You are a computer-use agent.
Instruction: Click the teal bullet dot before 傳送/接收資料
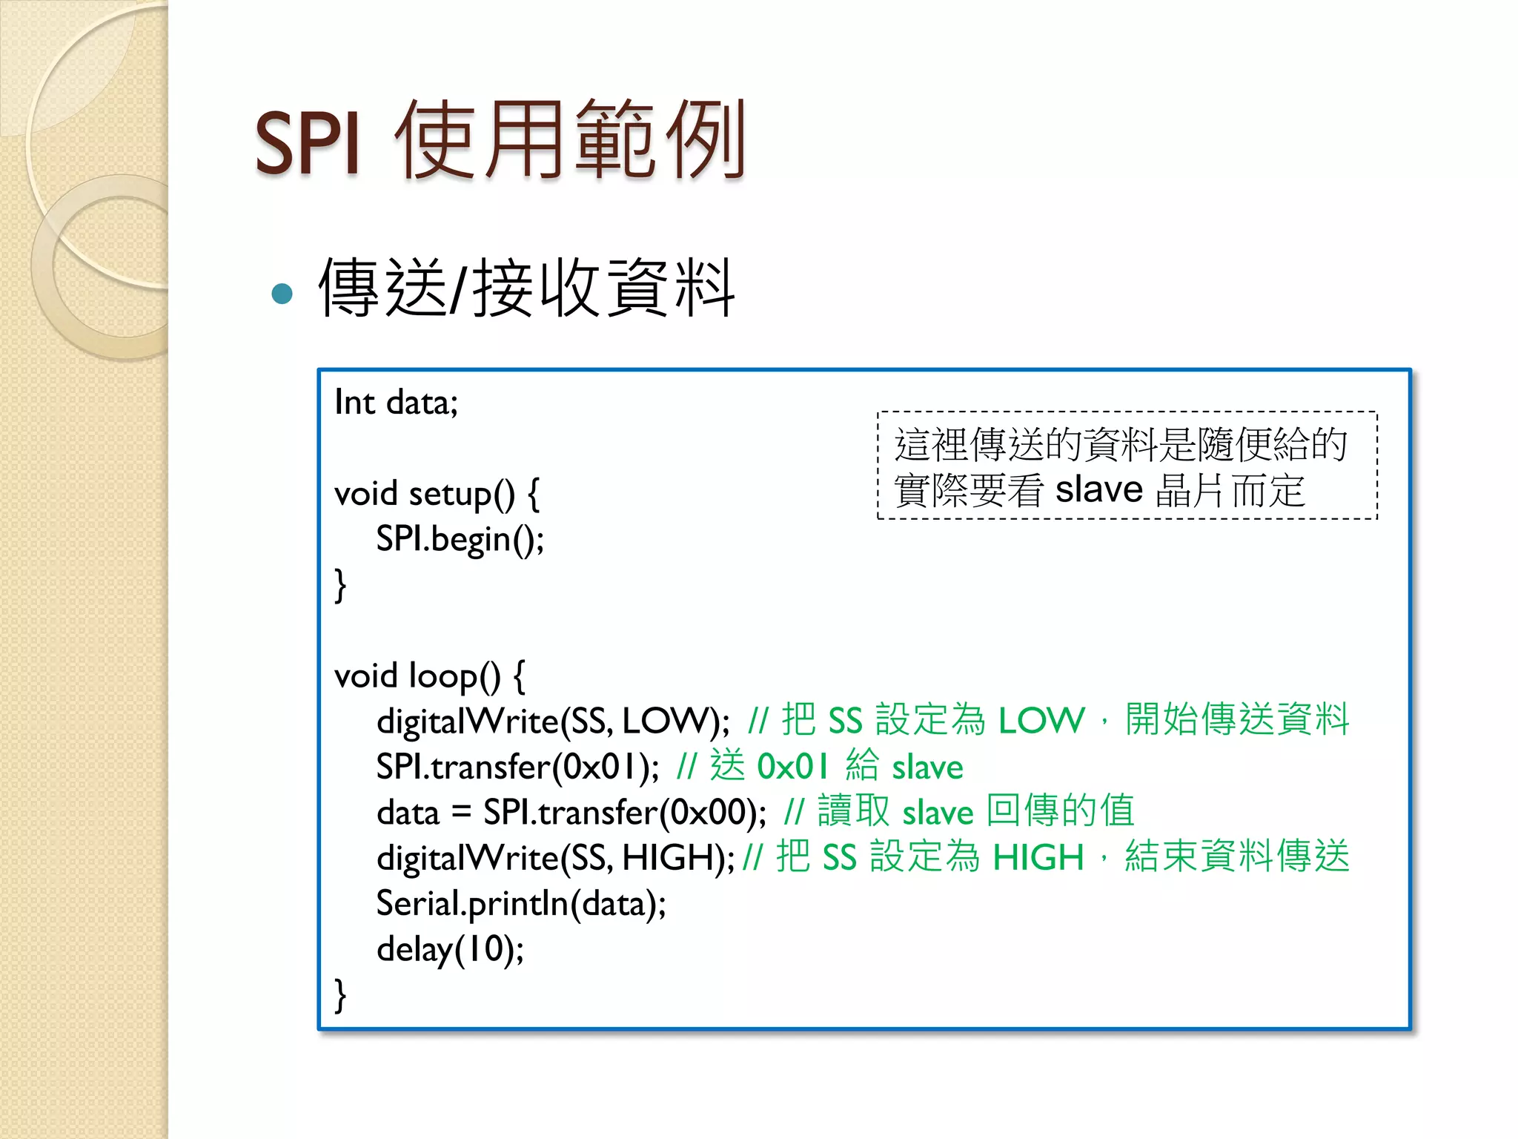pos(282,294)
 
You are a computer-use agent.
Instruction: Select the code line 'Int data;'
pos(396,403)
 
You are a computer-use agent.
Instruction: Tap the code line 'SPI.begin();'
pos(460,539)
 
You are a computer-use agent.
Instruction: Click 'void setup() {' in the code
pos(437,494)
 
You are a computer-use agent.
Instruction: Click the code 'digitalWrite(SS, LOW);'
pos(553,721)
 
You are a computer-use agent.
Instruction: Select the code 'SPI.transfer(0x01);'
pos(517,767)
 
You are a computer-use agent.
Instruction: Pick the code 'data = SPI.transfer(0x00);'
pos(571,812)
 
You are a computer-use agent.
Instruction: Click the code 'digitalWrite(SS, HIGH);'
pos(555,858)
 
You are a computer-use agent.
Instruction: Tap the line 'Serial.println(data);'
pos(521,904)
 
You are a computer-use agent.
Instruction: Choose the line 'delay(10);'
pos(450,949)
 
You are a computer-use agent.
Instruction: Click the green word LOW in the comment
pos(1041,721)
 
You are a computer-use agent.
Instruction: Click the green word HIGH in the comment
pos(1038,858)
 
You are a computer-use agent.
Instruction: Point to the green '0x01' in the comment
pos(792,767)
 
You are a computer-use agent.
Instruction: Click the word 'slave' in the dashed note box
pos(1098,490)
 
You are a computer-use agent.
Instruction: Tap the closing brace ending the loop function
pos(340,994)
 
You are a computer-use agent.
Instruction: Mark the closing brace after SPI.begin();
pos(340,585)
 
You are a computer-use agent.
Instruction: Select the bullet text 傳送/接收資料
pos(526,288)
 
